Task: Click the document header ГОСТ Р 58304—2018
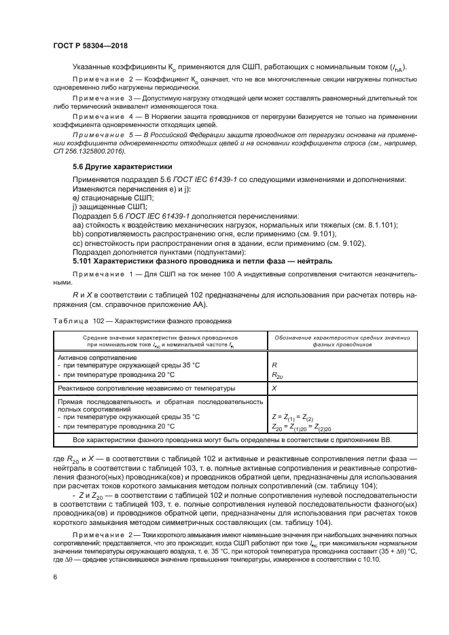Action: pos(90,46)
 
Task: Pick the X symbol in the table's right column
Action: pos(274,388)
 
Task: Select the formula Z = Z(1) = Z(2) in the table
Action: pos(292,417)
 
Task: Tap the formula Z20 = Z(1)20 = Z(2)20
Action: pos(298,427)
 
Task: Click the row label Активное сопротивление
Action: pos(97,357)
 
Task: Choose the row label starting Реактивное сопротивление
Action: pos(146,388)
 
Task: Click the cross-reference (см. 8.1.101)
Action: pos(373,225)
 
